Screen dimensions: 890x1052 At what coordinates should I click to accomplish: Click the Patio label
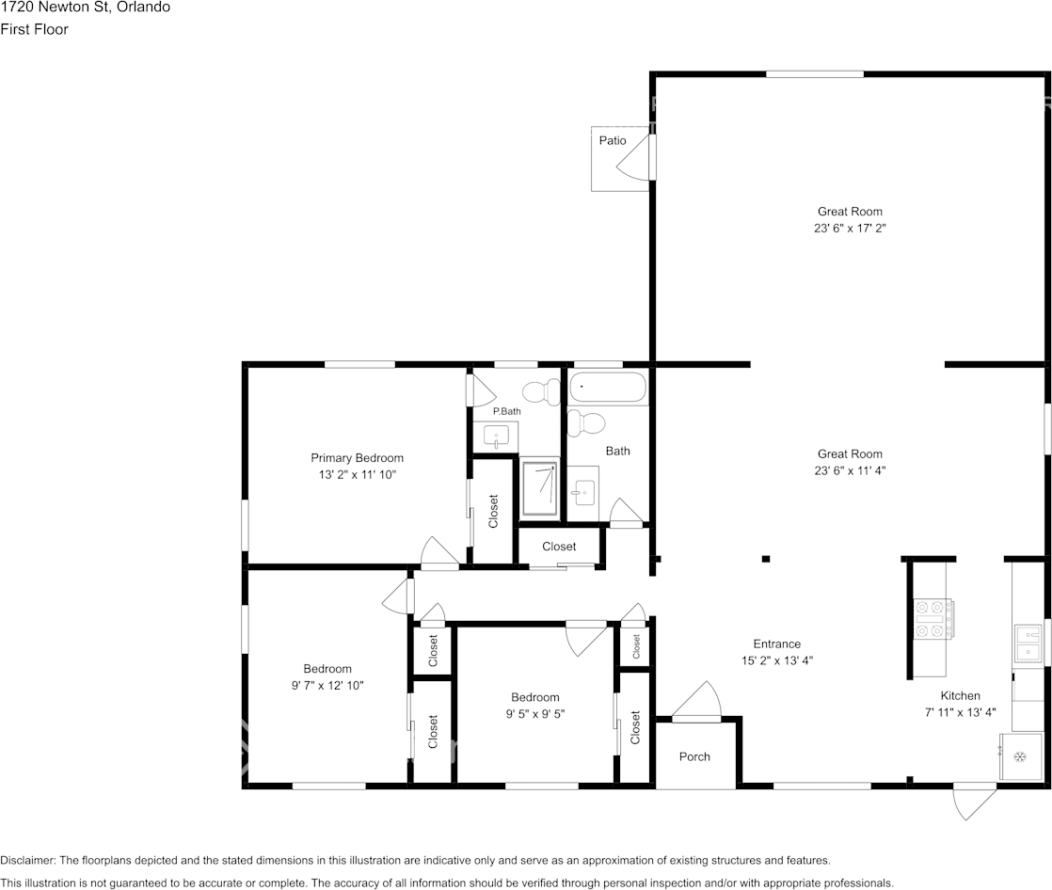click(x=613, y=140)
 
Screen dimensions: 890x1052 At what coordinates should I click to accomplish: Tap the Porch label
click(x=694, y=756)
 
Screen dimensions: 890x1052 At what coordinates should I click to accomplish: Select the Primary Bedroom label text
click(x=357, y=458)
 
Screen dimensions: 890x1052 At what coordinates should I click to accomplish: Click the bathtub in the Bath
click(x=608, y=388)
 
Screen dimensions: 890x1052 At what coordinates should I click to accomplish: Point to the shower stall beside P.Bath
click(x=540, y=486)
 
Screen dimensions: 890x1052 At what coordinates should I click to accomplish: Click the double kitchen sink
click(x=1028, y=644)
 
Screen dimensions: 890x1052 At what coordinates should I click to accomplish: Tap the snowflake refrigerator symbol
click(x=1017, y=757)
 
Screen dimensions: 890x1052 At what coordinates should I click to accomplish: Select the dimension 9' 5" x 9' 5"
click(x=534, y=714)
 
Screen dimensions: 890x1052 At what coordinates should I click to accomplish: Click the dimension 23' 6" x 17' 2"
click(x=850, y=228)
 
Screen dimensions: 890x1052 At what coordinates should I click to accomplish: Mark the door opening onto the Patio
click(x=636, y=157)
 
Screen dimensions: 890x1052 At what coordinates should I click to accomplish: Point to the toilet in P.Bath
click(x=541, y=391)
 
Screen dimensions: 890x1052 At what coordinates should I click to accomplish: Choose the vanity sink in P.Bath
click(x=496, y=436)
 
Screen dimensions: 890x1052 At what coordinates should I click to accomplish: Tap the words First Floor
click(x=34, y=29)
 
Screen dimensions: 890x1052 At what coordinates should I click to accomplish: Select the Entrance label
click(x=776, y=644)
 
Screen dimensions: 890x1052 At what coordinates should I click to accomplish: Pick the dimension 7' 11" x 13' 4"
click(x=960, y=712)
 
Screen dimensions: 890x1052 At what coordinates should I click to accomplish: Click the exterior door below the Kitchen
click(x=974, y=800)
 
